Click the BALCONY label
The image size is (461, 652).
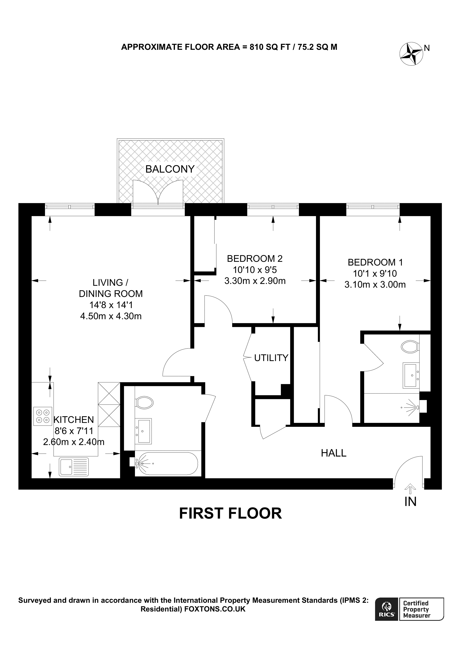pos(170,169)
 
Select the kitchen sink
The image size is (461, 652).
pos(74,467)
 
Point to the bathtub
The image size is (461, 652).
pos(166,464)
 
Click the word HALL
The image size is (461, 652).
pos(333,453)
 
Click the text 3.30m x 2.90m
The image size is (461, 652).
pos(255,281)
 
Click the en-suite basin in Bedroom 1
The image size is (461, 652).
pos(411,375)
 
